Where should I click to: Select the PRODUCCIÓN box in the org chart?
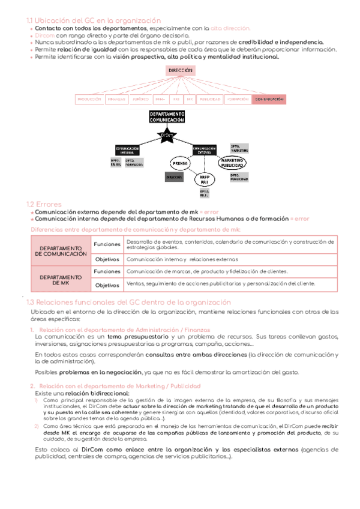click(x=89, y=98)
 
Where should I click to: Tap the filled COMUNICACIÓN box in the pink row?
click(x=269, y=98)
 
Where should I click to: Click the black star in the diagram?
click(x=167, y=136)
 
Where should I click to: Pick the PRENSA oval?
click(x=180, y=163)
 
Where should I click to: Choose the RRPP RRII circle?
click(x=203, y=179)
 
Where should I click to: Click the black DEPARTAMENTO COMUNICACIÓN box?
click(x=167, y=116)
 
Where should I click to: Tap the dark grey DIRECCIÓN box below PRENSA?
click(x=175, y=177)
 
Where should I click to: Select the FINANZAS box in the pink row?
click(x=116, y=98)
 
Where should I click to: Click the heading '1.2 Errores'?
click(x=44, y=204)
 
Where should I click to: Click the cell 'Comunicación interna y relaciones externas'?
click(x=182, y=259)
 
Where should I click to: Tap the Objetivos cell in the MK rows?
click(x=107, y=285)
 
